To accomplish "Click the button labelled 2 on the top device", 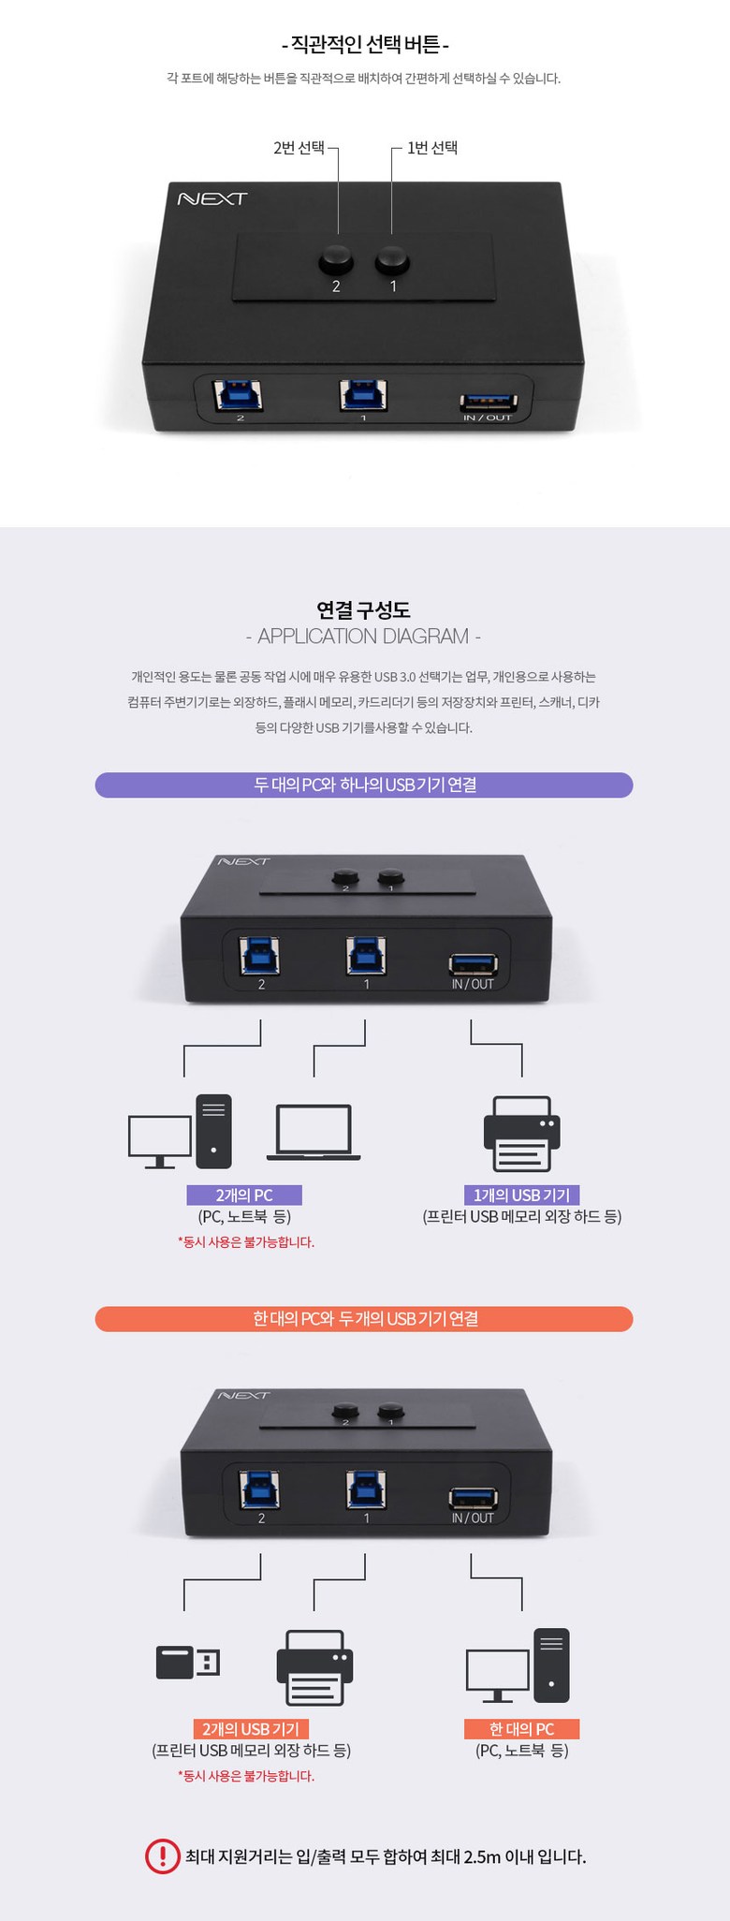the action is click(336, 259).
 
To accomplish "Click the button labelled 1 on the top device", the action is click(392, 259).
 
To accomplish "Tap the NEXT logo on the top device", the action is click(212, 198).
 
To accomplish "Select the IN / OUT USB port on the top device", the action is click(489, 403).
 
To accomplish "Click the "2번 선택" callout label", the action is click(299, 148).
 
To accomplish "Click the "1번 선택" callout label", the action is click(432, 148).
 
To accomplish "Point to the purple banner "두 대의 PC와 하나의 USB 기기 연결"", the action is click(364, 785).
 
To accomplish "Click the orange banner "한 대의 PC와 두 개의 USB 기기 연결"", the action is click(364, 1318).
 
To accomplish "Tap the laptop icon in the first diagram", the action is click(314, 1132).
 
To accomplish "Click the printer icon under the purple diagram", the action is click(521, 1134).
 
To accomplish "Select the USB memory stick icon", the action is click(188, 1663).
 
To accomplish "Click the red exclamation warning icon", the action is click(162, 1856).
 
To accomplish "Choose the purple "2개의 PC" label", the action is click(244, 1195).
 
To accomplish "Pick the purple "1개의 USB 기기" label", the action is click(521, 1195).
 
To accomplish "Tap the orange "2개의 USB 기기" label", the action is click(251, 1729).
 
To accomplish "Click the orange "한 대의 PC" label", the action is click(521, 1729).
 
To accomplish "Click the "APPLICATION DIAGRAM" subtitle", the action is click(363, 637).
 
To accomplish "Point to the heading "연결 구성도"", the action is click(364, 610).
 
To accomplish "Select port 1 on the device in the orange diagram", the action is click(366, 1490).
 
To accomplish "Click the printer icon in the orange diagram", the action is click(314, 1667).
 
